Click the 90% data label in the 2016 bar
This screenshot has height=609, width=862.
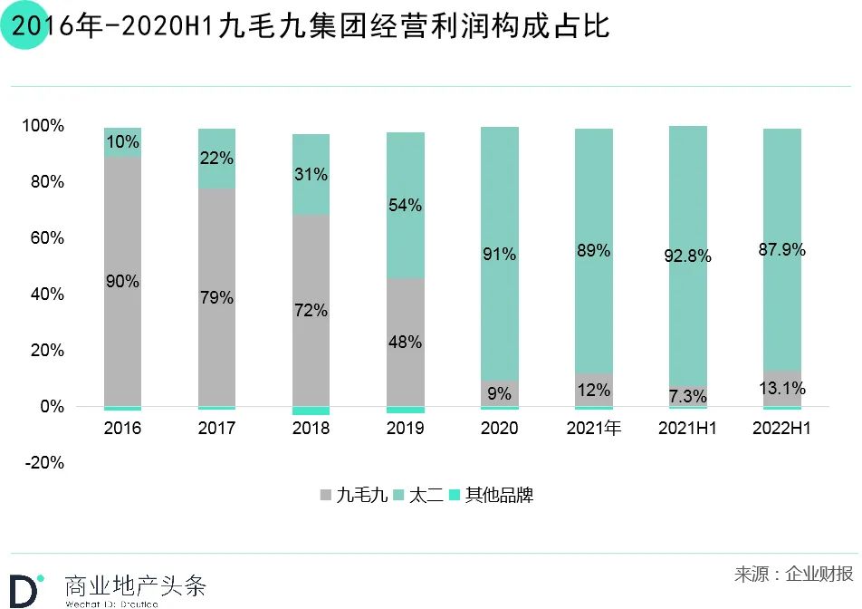[122, 282]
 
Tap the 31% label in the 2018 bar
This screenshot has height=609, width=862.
[311, 175]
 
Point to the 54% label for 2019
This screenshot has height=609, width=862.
[405, 206]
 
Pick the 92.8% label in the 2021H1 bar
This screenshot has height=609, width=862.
[687, 256]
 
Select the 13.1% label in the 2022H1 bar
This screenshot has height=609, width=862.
[781, 389]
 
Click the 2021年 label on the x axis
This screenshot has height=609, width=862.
[593, 429]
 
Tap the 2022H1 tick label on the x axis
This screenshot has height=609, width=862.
[781, 429]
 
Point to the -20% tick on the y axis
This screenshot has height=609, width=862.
[44, 463]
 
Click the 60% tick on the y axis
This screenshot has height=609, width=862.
[47, 238]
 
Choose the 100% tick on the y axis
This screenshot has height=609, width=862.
[43, 126]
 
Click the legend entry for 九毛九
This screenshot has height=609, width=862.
[354, 496]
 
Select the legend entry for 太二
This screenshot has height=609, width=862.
[418, 496]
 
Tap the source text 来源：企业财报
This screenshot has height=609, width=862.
[793, 575]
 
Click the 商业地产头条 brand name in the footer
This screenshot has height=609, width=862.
[136, 585]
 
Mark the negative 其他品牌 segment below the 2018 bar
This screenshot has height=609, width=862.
[311, 411]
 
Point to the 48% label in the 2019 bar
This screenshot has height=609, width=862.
[405, 343]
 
